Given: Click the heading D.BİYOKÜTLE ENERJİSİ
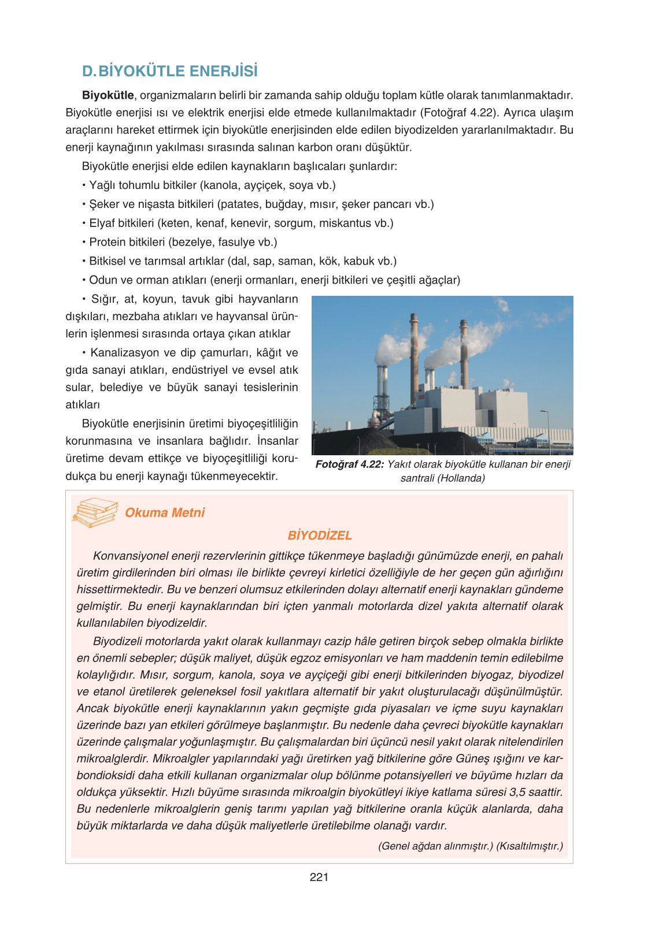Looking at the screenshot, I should (x=170, y=71).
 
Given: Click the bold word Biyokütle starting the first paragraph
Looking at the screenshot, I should (x=108, y=95).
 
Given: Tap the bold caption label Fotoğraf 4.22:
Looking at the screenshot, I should (x=349, y=464).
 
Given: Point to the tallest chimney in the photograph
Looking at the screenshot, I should (x=414, y=358).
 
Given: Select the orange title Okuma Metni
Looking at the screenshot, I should (x=165, y=512).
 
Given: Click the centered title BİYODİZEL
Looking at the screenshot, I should (x=320, y=536).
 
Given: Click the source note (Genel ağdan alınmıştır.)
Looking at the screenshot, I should (x=435, y=846).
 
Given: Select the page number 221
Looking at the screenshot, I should (x=319, y=877).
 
